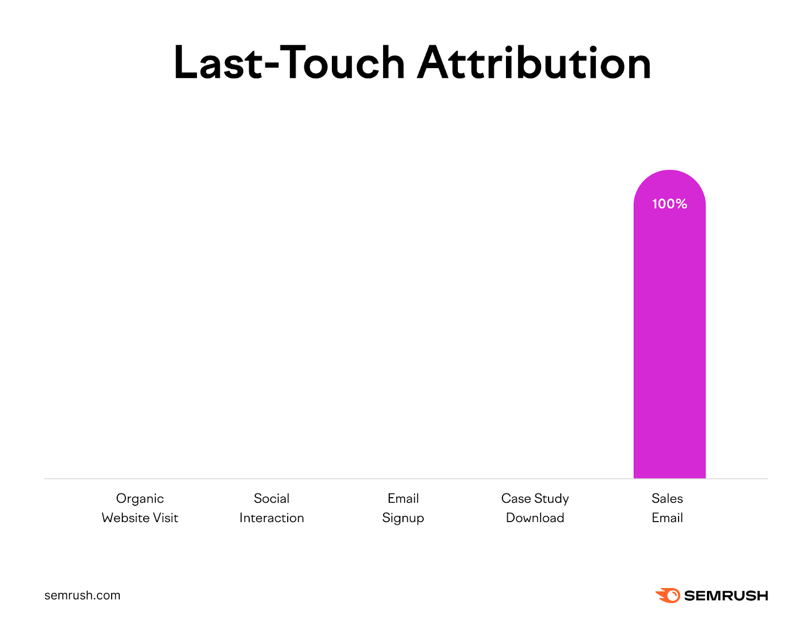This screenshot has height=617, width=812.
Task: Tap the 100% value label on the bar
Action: [669, 204]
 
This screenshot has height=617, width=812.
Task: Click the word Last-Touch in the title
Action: [289, 63]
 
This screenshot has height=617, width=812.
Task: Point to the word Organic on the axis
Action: [140, 499]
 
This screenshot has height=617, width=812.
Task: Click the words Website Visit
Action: [140, 518]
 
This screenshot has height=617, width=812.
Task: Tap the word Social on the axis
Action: [272, 499]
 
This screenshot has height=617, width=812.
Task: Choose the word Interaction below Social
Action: [272, 518]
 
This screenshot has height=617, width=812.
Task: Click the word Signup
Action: [403, 518]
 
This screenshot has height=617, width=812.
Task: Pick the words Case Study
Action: [535, 499]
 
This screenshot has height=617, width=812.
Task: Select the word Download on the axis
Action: [535, 518]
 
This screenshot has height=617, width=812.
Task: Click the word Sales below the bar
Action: [667, 499]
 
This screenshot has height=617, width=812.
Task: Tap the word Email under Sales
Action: [667, 518]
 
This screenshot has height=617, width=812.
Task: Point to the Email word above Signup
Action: [403, 499]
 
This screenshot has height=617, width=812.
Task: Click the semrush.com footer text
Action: [82, 595]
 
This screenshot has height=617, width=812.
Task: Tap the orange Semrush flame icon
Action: [668, 595]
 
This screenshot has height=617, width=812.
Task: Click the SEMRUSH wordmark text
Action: [726, 596]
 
